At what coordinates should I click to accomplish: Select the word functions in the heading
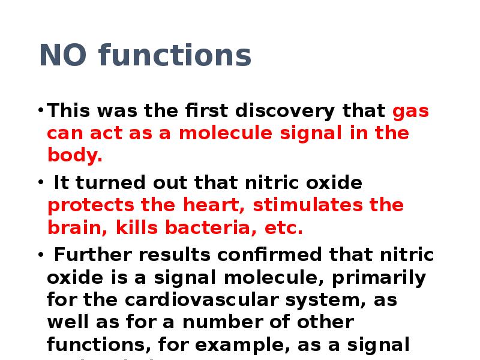175,56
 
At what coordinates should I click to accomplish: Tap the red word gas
411,112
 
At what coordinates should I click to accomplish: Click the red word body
74,157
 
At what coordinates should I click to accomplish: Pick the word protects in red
91,206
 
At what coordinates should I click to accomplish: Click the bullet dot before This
40,112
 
